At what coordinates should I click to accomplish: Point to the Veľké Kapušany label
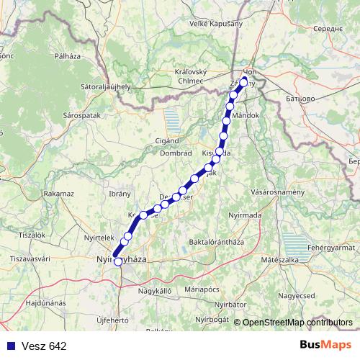point(215,24)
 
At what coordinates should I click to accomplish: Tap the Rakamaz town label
point(59,194)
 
